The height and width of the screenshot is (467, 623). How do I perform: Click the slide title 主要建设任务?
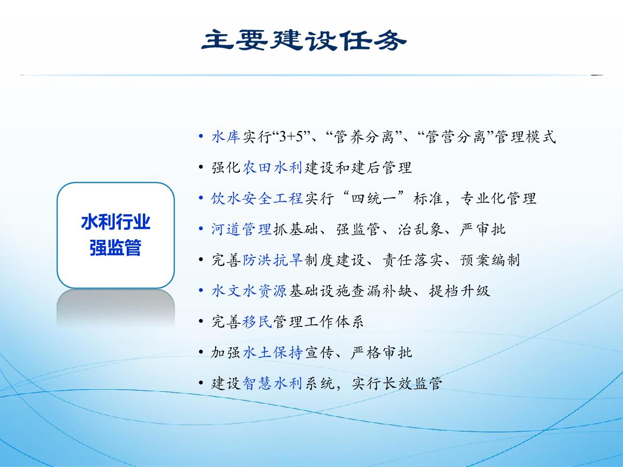(x=304, y=40)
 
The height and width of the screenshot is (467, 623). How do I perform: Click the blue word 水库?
(x=226, y=136)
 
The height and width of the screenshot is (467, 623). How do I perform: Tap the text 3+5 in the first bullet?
(x=291, y=137)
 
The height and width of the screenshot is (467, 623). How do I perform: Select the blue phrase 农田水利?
(x=272, y=168)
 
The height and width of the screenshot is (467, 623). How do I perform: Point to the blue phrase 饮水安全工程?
(x=257, y=198)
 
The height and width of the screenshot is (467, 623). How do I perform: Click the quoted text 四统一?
(x=373, y=198)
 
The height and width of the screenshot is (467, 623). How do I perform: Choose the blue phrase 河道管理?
(x=241, y=229)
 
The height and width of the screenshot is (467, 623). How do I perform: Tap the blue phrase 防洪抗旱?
(x=272, y=260)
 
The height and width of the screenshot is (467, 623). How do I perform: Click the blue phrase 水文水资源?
(x=249, y=291)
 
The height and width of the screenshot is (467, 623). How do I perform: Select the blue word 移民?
(x=257, y=322)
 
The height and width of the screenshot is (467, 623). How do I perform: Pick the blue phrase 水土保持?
(x=272, y=352)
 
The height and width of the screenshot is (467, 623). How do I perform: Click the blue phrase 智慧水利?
(x=272, y=383)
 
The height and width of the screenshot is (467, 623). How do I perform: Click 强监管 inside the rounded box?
(x=116, y=248)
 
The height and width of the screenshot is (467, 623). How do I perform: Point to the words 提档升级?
(x=459, y=291)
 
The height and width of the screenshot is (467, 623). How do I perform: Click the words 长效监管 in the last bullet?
(x=412, y=383)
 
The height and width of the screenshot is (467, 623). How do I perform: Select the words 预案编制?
(x=490, y=260)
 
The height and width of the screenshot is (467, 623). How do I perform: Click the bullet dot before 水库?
(x=201, y=136)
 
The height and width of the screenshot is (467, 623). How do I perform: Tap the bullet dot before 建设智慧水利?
(x=201, y=383)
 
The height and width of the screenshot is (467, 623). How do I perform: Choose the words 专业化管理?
(x=498, y=198)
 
